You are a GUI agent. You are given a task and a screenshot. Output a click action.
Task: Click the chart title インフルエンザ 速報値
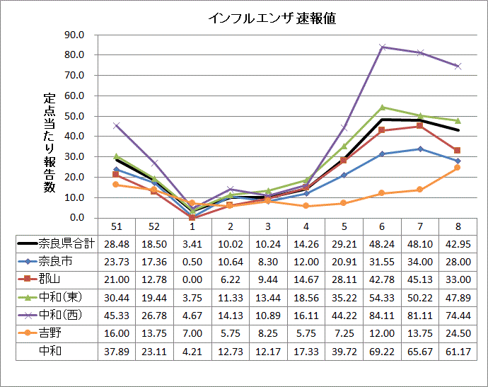pos(272,19)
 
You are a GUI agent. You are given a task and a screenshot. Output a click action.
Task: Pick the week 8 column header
pos(457,226)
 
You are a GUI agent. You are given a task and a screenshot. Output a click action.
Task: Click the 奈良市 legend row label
pos(56,261)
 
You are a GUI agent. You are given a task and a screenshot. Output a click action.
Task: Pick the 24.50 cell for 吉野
pos(457,332)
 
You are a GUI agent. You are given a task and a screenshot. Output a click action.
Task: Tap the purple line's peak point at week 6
pos(382,47)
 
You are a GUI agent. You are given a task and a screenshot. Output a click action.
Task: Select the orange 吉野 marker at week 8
pos(457,168)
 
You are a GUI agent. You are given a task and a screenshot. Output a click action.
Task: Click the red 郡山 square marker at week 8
pos(457,151)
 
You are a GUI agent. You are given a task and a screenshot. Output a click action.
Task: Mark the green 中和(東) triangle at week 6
pos(382,108)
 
